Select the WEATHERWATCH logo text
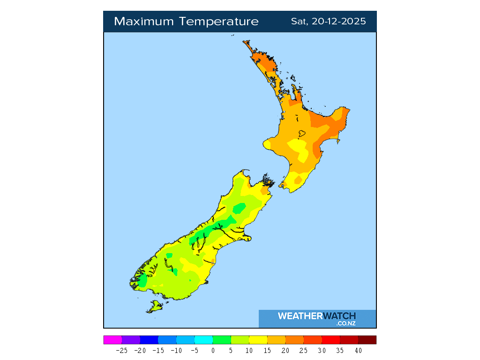[317, 316]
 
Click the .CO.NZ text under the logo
[346, 323]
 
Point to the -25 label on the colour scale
[121, 350]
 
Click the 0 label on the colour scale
[213, 350]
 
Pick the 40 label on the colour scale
[358, 350]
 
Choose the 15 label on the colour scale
[267, 350]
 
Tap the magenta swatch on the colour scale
[112, 340]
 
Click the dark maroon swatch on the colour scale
[367, 340]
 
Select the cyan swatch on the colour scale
[203, 340]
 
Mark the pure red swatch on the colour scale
[331, 340]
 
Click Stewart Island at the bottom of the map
[154, 307]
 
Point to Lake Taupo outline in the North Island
[301, 134]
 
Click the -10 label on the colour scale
[176, 350]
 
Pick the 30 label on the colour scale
[322, 350]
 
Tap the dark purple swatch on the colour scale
[131, 340]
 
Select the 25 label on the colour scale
[304, 350]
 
